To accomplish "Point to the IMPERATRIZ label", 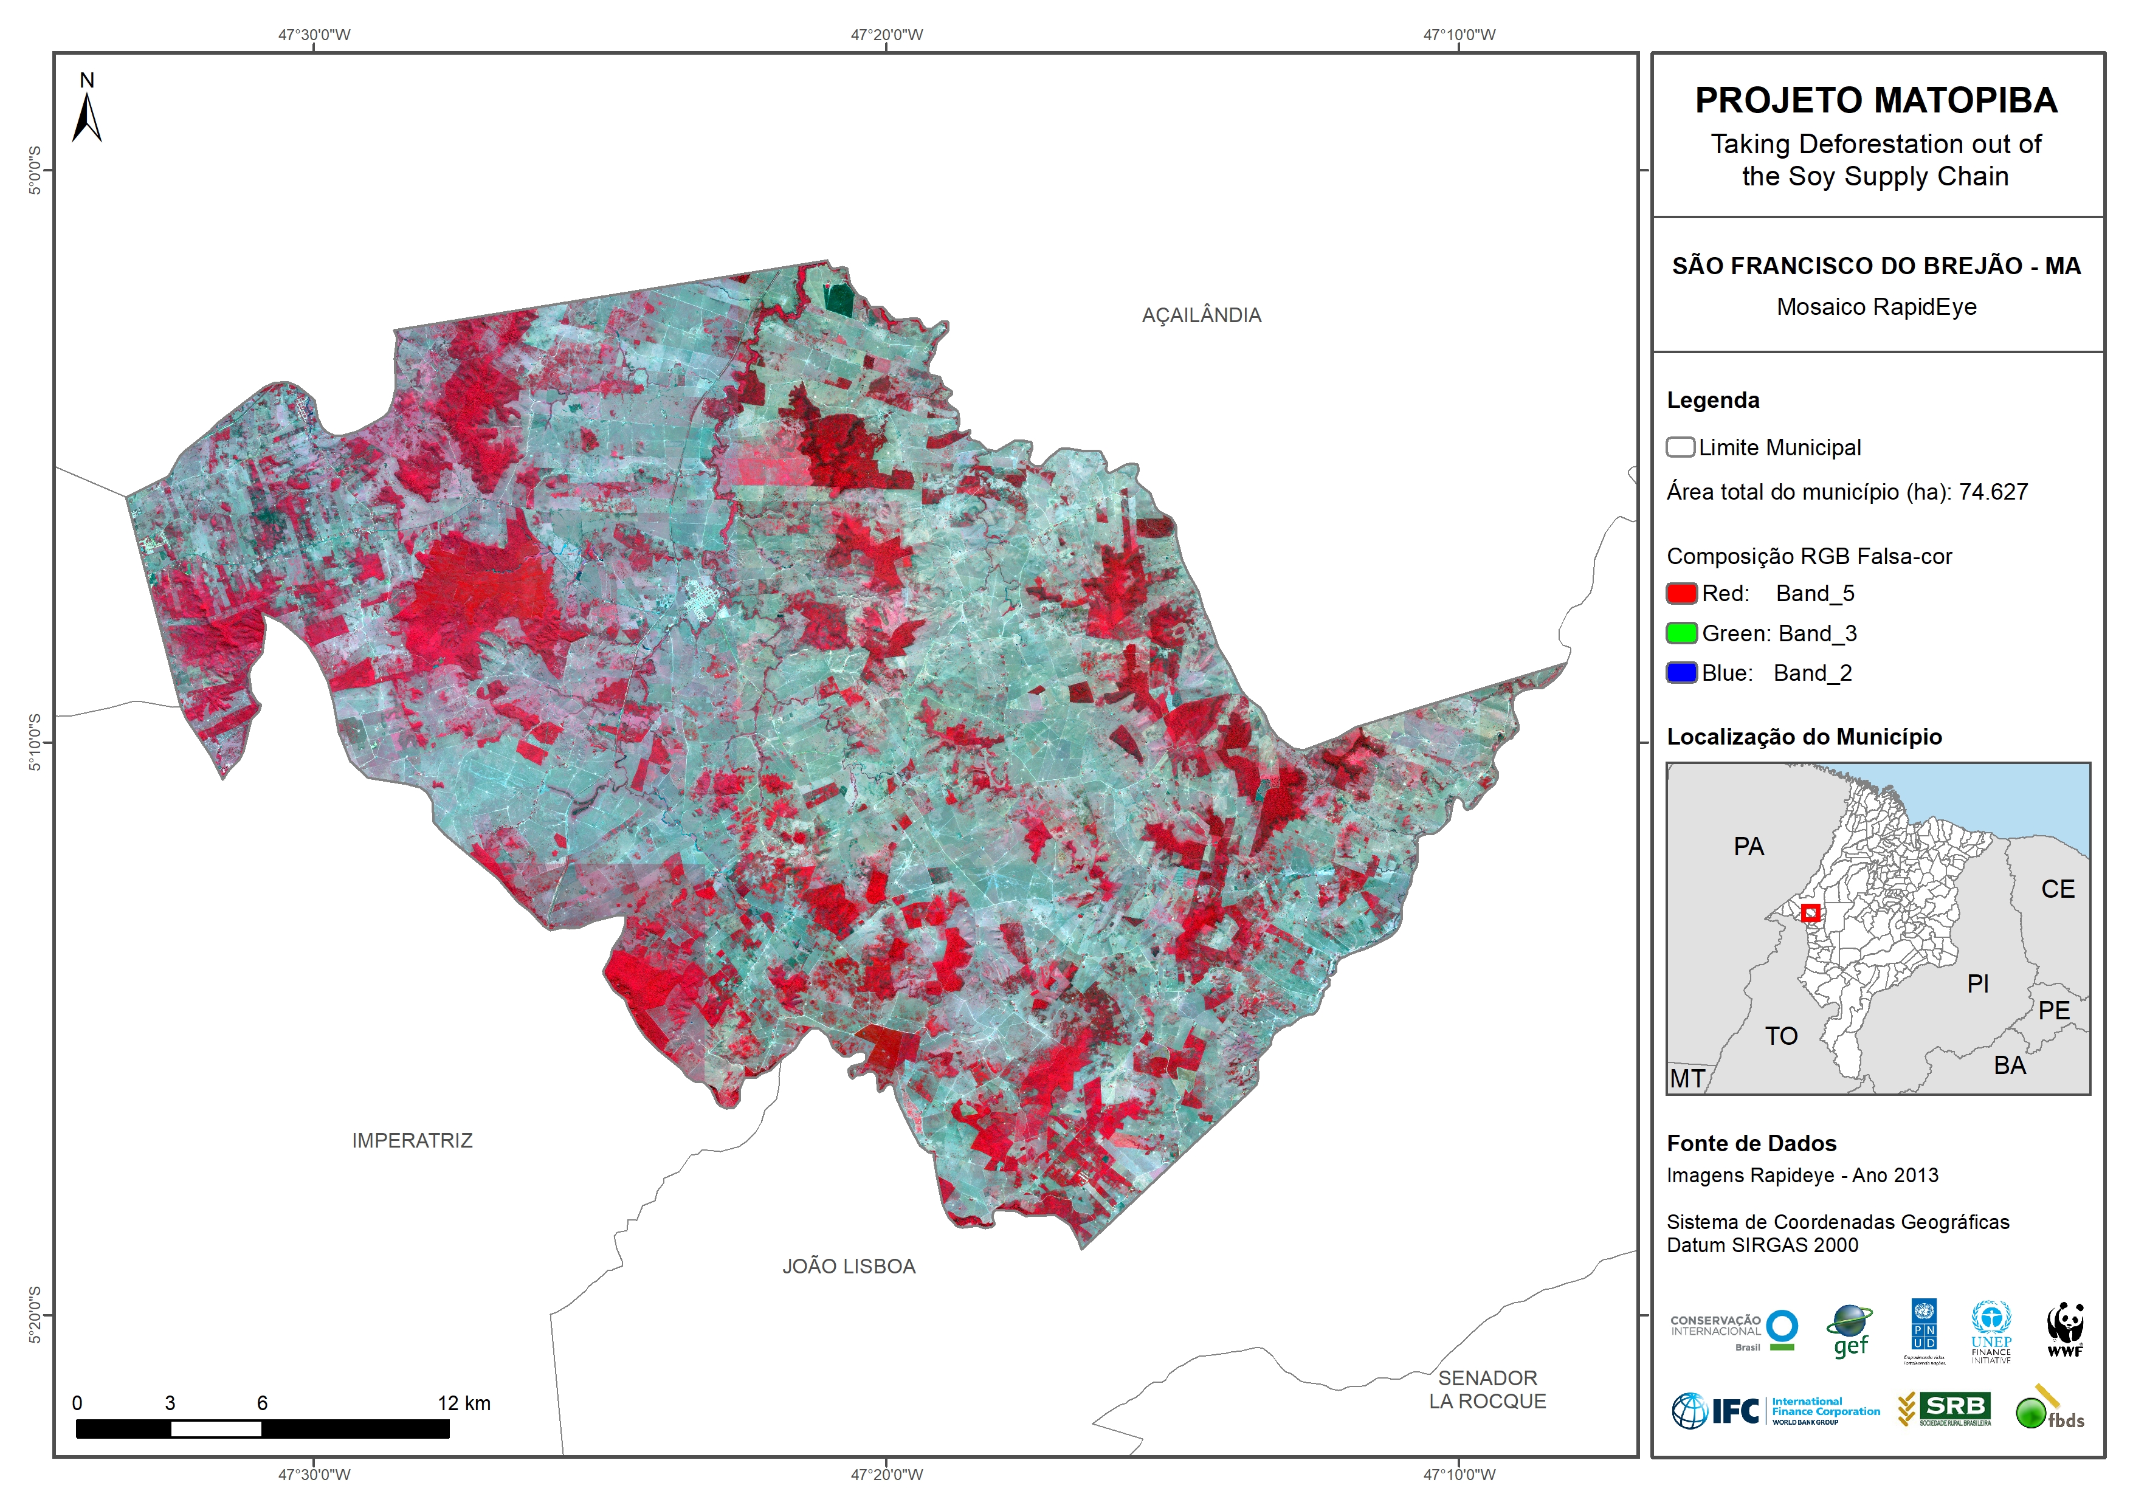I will tap(412, 1140).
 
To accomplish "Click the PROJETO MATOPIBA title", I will tap(1876, 100).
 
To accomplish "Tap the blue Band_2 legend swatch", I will tap(1681, 673).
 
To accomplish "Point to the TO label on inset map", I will tap(1781, 1036).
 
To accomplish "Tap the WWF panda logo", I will tap(2064, 1329).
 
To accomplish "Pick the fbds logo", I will tap(2049, 1410).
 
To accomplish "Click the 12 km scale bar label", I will tap(464, 1403).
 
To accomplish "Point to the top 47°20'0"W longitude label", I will tap(886, 35).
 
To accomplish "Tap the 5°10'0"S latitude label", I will tap(35, 742).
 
